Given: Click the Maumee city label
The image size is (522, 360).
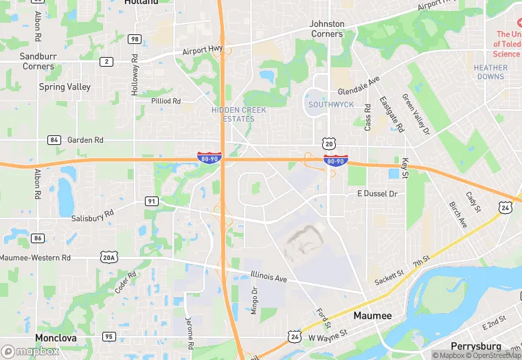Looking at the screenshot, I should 372,316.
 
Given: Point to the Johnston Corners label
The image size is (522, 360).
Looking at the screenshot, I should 326,29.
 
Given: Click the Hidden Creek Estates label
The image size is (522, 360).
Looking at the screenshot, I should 234,114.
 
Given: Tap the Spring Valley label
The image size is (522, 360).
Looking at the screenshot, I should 65,87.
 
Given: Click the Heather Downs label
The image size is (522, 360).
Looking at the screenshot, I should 490,72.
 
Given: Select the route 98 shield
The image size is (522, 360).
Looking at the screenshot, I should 135,39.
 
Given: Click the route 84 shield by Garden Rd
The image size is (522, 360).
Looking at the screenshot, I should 54,139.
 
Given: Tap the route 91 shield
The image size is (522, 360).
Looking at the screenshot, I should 152,201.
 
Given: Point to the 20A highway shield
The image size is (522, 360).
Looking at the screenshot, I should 109,257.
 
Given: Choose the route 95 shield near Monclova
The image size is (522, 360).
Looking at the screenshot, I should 109,336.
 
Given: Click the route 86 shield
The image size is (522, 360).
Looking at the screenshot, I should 38,238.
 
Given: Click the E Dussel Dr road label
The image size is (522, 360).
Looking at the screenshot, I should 377,194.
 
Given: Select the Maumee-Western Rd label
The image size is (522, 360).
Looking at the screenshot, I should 35,258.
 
